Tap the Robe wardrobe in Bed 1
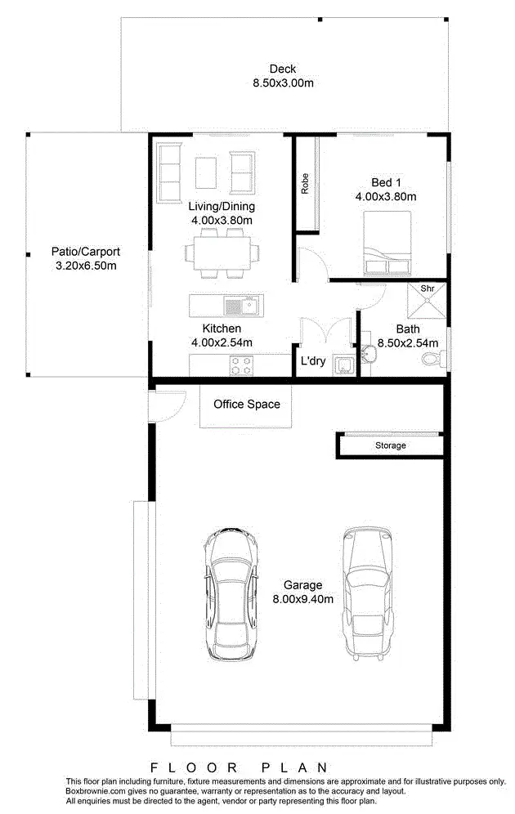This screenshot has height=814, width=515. tap(306, 185)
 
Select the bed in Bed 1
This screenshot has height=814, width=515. tap(387, 243)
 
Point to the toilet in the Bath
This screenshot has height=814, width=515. tap(432, 358)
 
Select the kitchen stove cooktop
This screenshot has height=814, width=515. tap(241, 366)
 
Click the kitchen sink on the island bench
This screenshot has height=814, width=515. tap(242, 307)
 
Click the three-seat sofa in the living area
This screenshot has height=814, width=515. tap(169, 172)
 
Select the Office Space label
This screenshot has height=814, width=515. tap(246, 404)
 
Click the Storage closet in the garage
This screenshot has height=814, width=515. tap(390, 445)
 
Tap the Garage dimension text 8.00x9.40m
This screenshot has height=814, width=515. tap(302, 599)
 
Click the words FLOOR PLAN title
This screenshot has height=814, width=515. tap(240, 767)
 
